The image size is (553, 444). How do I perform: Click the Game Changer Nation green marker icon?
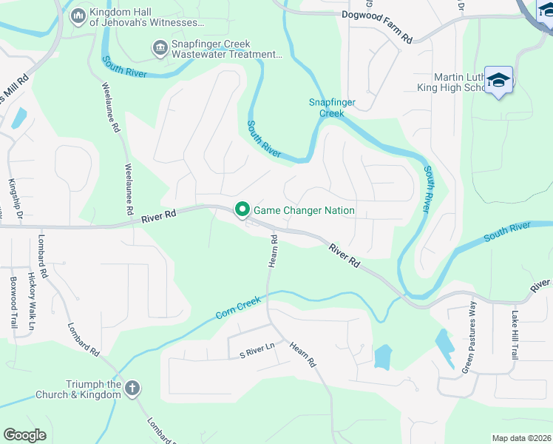[242, 210]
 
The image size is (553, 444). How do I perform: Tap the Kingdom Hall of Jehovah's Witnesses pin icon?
[78, 15]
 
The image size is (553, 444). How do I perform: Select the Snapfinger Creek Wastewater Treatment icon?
[159, 49]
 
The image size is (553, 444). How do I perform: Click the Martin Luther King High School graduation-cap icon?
[499, 80]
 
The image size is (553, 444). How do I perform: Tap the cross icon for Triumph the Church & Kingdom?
[132, 388]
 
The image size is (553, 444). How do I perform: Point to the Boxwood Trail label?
[13, 302]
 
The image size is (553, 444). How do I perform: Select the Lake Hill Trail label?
[515, 334]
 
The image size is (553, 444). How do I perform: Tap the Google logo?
[24, 435]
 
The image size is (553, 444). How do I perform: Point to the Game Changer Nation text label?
[304, 211]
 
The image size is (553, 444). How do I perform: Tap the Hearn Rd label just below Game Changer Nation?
[273, 251]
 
